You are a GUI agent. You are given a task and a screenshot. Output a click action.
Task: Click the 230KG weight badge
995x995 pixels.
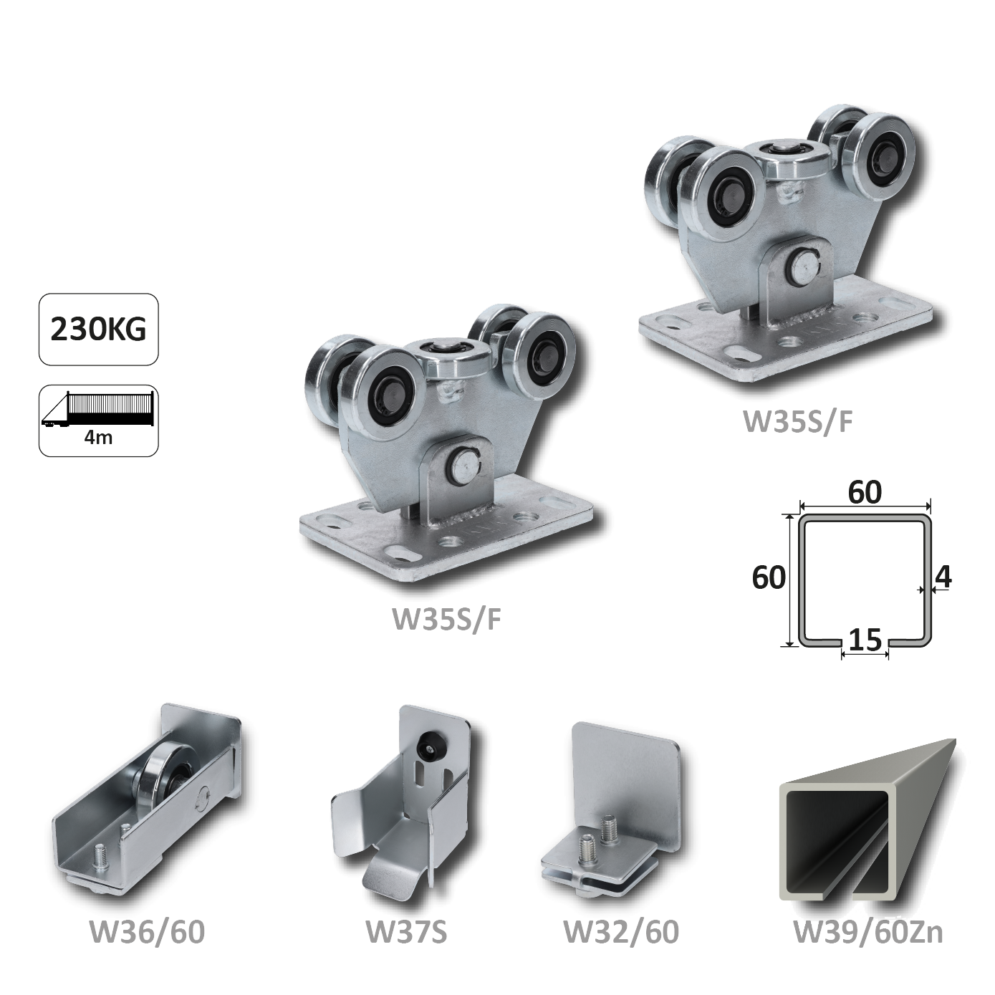pyautogui.click(x=99, y=330)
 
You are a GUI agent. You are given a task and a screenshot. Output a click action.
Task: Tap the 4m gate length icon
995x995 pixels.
pyautogui.click(x=99, y=420)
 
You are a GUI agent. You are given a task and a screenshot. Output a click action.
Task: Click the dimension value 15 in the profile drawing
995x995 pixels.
pyautogui.click(x=865, y=640)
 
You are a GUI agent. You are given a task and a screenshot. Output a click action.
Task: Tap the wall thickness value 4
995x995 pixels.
pyautogui.click(x=943, y=577)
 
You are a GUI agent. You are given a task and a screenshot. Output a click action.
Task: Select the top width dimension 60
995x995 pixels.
pyautogui.click(x=865, y=493)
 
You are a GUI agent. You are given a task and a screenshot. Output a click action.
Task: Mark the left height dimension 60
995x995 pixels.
pyautogui.click(x=769, y=577)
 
